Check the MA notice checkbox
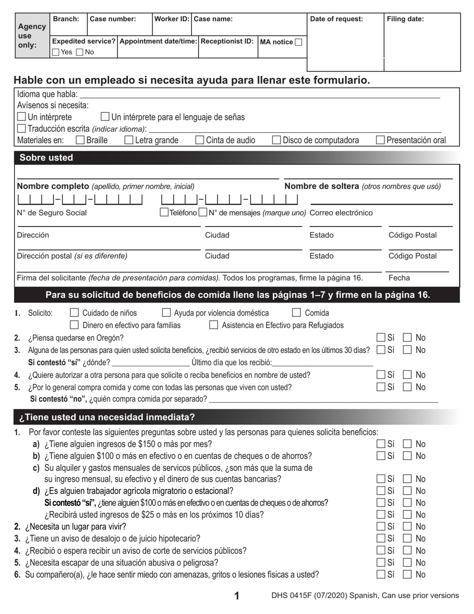[x=298, y=42]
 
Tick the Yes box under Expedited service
[x=56, y=52]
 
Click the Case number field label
[x=113, y=19]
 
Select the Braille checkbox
[x=80, y=140]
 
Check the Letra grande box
[x=129, y=140]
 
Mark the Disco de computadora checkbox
[x=276, y=140]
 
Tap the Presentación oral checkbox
[x=380, y=140]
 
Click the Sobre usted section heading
[x=46, y=158]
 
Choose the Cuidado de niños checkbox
[x=74, y=313]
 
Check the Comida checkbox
[x=296, y=313]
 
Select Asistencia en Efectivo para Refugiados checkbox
[x=214, y=325]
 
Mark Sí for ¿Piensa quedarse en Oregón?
[x=381, y=337]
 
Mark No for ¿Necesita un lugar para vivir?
[x=407, y=527]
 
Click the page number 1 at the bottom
[x=237, y=596]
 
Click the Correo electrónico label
[x=341, y=213]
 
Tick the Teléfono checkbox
[x=164, y=213]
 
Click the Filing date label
[x=406, y=19]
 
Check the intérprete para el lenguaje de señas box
[x=105, y=117]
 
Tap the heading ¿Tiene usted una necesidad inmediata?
[x=107, y=417]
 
